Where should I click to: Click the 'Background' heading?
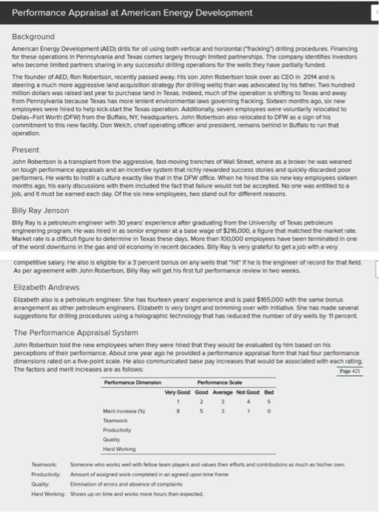(x=33, y=36)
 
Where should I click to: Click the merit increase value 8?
(x=176, y=410)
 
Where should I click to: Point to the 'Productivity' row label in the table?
(x=116, y=429)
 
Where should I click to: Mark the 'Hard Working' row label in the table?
(x=118, y=448)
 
